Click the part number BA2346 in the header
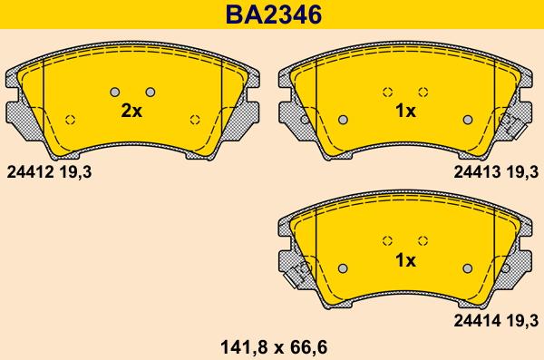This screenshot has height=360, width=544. [274, 15]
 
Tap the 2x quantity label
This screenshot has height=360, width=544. [131, 112]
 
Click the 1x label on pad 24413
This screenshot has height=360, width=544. [405, 112]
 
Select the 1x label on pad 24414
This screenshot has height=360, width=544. [405, 260]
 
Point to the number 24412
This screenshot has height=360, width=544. [30, 172]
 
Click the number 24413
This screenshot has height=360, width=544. [478, 172]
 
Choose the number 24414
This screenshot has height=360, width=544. [478, 320]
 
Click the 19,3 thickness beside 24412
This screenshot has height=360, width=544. [75, 172]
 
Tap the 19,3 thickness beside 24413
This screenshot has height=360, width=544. [522, 172]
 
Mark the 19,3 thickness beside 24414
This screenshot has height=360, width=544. [522, 320]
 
